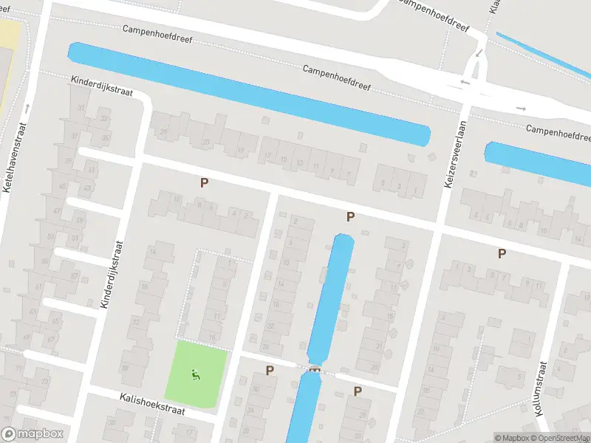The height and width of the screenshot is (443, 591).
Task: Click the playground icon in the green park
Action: (195, 374)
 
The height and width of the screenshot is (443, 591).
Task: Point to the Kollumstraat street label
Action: (541, 388)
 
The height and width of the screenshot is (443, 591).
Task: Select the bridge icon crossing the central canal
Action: (315, 368)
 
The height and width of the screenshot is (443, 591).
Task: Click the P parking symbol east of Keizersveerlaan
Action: (502, 253)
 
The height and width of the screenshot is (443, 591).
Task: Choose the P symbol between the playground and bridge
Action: (270, 371)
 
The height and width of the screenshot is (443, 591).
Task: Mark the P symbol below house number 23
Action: (204, 182)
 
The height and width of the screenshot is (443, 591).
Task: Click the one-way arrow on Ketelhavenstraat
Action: (24, 107)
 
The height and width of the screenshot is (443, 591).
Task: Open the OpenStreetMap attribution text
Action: (562, 438)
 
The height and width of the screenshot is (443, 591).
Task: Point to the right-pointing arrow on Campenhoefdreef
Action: (521, 109)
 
